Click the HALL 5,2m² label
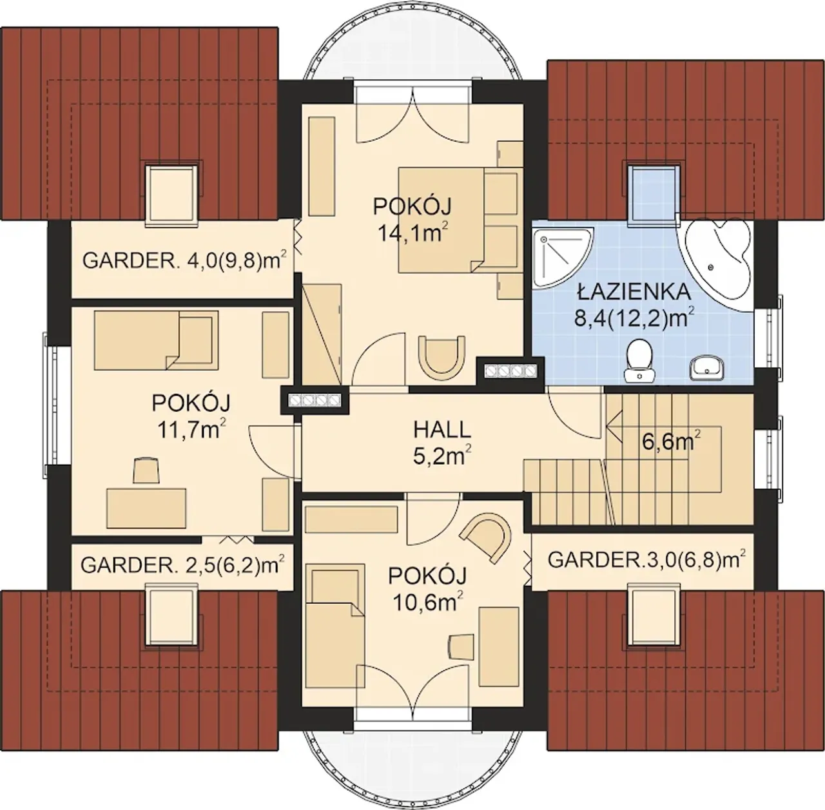tap(442, 443)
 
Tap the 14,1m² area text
tap(412, 233)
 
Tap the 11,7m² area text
tap(191, 429)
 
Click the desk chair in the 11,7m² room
tap(147, 470)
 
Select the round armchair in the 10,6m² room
tap(488, 538)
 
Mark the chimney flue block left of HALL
tap(315, 400)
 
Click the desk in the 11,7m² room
tap(146, 508)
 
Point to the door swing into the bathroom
tap(576, 412)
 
